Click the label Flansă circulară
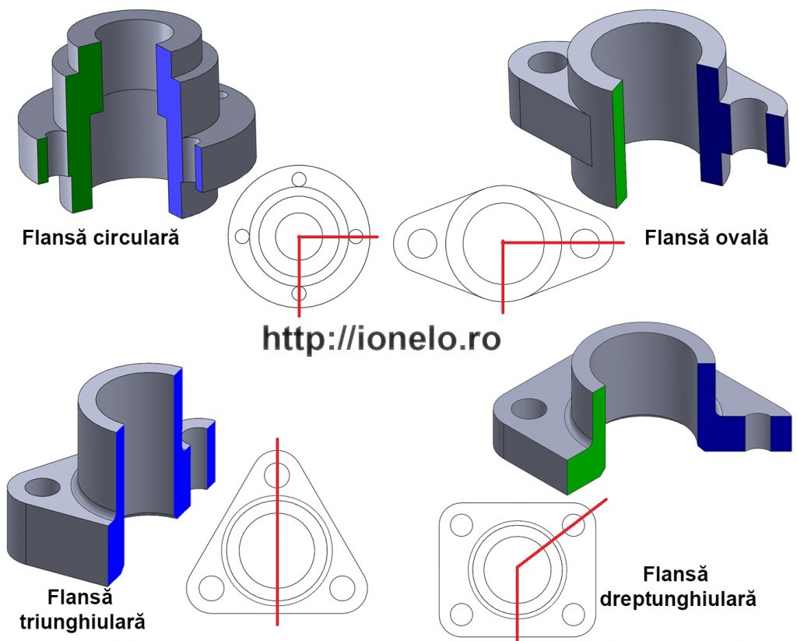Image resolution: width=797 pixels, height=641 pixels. pos(100,237)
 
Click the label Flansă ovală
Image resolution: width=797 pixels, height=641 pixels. pos(706,237)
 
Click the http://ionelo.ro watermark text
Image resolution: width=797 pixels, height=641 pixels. pos(381,338)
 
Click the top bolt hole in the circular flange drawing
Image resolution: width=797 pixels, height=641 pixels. pos(299,178)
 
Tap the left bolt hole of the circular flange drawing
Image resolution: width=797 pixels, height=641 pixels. pos(242,236)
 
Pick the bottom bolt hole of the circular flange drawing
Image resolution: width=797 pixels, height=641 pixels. pos(299,294)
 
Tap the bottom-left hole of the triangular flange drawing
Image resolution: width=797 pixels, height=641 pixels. pos(210,586)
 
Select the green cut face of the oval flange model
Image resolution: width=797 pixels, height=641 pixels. pos(620,144)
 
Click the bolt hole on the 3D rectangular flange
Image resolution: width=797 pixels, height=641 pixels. pos(529,407)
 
